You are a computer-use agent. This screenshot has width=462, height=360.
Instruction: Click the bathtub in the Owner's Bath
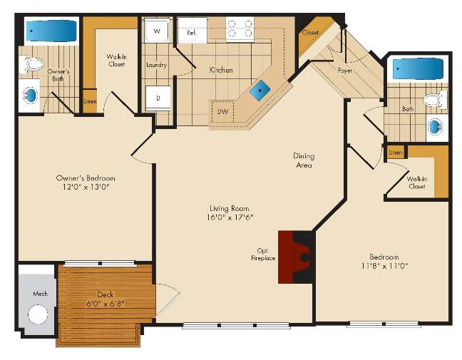pos(51,31)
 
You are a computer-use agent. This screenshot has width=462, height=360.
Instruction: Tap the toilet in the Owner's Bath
pos(32,65)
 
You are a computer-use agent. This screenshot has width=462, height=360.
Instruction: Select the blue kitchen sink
pos(260,90)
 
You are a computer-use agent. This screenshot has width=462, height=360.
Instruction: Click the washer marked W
pos(157,31)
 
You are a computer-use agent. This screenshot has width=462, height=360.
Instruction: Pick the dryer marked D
pos(158,98)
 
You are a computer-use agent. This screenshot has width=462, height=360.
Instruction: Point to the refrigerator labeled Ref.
pos(192,30)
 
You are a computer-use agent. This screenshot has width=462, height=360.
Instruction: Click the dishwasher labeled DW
pos(222,111)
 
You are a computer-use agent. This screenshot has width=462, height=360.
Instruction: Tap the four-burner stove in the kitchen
pos(240,29)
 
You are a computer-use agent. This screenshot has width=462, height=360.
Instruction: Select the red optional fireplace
pos(294,257)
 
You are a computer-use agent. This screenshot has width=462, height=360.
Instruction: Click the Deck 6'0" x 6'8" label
pos(106,299)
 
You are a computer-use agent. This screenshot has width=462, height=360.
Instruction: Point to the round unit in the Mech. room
pos(38,314)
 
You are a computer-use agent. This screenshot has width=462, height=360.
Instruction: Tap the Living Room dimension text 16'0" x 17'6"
pos(230,217)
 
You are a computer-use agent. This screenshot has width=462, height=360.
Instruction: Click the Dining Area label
pos(304,160)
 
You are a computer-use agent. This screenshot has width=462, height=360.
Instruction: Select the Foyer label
pos(345,71)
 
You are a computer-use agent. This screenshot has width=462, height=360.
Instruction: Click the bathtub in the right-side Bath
pos(418,69)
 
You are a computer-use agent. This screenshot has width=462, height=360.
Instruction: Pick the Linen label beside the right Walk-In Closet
pos(396,153)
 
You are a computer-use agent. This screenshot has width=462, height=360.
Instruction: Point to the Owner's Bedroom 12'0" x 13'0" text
pos(86,182)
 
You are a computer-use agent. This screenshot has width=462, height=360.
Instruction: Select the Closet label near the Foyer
pos(310,32)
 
